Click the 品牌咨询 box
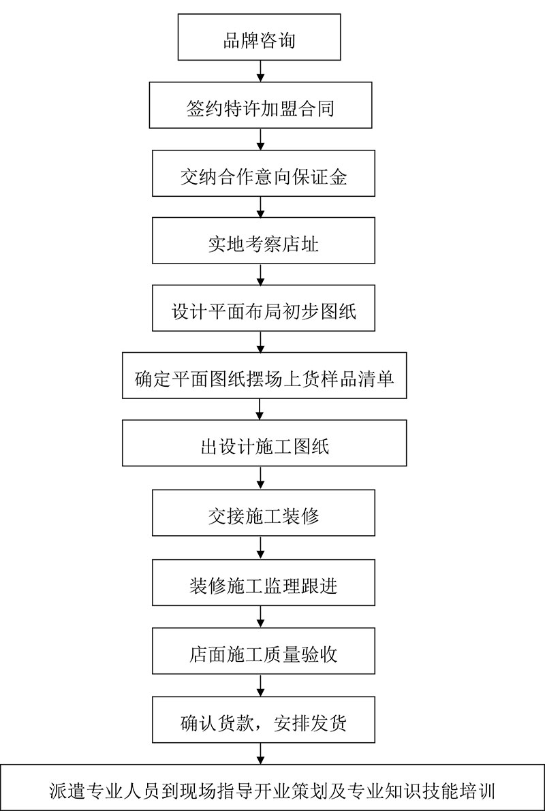pos(260,37)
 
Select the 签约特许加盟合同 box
pos(261,105)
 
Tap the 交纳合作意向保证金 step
pos(264,173)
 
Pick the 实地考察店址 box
pos(264,240)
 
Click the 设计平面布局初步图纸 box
pos(264,308)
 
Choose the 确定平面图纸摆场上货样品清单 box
pos(264,375)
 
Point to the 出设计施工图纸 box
pos(264,443)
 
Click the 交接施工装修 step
pos(264,513)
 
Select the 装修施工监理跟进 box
pos(264,582)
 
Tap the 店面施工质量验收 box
pos(264,651)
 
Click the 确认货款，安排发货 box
pos(264,720)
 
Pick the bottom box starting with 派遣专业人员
pos(272,788)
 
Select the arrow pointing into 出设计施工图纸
pos(260,409)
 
